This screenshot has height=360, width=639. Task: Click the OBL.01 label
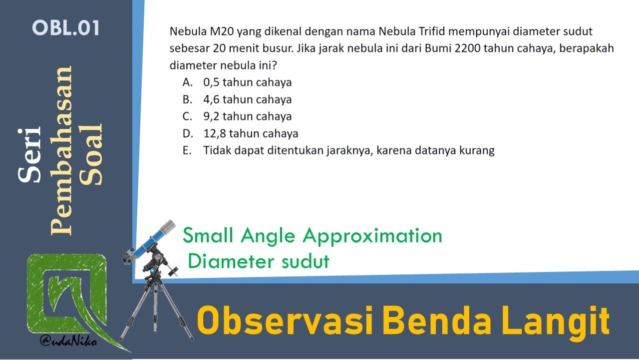tap(66, 28)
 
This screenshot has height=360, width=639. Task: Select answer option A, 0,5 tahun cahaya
tap(247, 82)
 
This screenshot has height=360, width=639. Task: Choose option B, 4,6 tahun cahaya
tap(247, 99)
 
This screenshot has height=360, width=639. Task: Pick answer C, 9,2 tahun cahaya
tap(247, 116)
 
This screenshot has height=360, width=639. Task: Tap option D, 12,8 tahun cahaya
tap(251, 133)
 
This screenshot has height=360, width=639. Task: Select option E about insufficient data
tap(348, 150)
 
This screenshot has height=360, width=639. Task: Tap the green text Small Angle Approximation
tap(313, 235)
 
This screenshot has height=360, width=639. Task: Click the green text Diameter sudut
tap(259, 261)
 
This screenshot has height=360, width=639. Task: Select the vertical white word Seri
tap(29, 155)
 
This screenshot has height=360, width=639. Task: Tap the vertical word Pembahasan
tap(62, 150)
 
